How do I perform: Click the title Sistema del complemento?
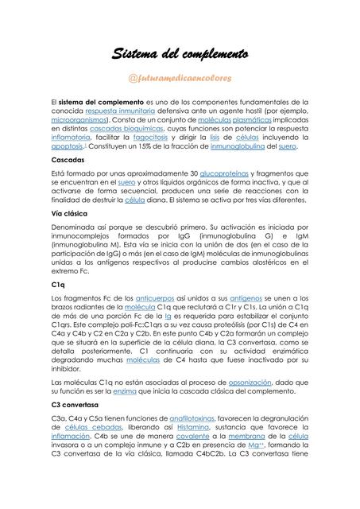pos(180,54)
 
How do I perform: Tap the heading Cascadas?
pos(68,160)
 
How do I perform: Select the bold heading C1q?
pos(58,284)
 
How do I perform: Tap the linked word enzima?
pos(126,391)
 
